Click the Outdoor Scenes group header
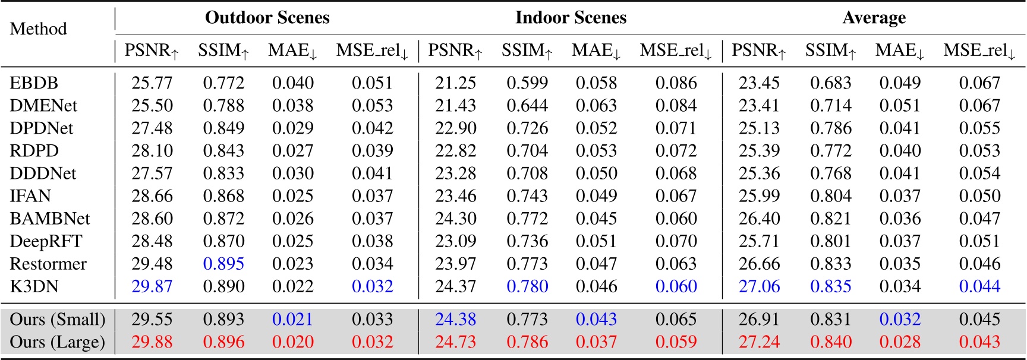[267, 18]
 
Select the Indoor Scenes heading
[571, 18]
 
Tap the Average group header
[874, 18]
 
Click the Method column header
[38, 29]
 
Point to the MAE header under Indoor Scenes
[596, 51]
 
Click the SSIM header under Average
[830, 51]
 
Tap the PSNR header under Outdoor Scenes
[152, 51]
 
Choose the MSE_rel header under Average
[979, 51]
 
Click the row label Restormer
[48, 264]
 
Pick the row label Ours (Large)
[57, 342]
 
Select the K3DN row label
[34, 286]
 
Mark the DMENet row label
[43, 106]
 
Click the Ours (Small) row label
[57, 320]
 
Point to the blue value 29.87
[152, 286]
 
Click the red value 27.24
[759, 342]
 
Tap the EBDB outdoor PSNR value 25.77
[152, 83]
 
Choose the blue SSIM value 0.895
[223, 264]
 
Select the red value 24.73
[455, 342]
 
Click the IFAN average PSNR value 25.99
[759, 196]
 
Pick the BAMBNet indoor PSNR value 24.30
[455, 219]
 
